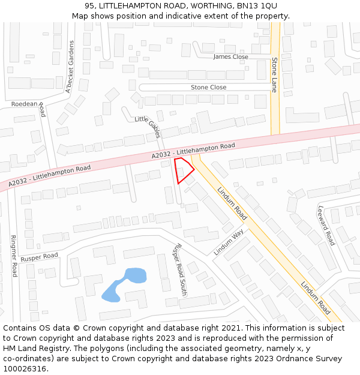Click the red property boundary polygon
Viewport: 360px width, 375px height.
(183, 170)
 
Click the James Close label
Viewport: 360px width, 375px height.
(230, 57)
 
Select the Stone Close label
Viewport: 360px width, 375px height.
(208, 88)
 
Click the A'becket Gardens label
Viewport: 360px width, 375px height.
(70, 67)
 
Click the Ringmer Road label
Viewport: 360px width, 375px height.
(14, 256)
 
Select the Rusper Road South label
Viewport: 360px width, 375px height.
(179, 271)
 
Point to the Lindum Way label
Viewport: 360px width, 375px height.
(229, 242)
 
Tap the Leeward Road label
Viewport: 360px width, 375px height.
(326, 226)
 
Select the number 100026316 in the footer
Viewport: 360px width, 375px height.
(25, 369)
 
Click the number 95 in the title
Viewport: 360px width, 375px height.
(89, 5)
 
